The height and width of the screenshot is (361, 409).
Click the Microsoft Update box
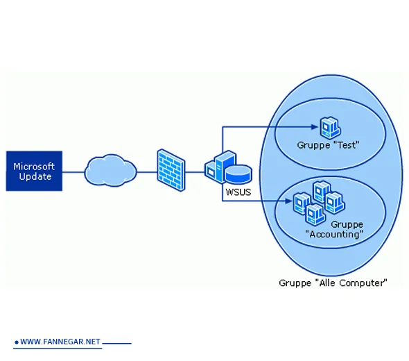34,171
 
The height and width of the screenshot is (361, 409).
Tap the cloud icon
110,170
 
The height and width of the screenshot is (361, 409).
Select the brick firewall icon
171,170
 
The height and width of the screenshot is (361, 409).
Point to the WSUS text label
238,192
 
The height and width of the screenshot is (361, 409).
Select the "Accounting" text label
334,234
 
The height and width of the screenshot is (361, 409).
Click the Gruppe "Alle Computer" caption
333,283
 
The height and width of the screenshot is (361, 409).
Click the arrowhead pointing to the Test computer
313,127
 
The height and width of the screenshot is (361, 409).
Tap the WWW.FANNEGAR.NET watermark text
60,342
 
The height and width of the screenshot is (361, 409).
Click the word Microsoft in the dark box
34,167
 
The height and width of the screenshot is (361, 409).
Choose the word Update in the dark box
34,176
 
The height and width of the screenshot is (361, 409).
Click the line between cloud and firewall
146,171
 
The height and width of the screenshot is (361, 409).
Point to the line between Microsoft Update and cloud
73,171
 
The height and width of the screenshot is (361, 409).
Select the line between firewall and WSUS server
195,171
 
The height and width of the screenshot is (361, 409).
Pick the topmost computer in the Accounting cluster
320,190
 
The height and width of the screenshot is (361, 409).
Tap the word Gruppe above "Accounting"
347,224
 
